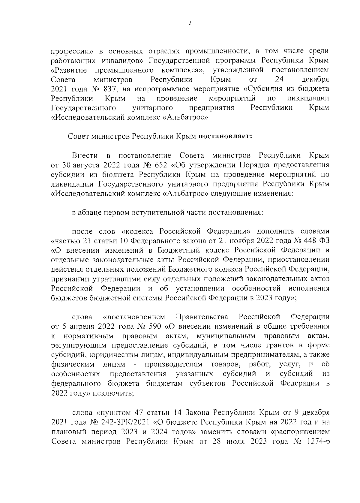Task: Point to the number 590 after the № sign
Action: coord(155,326)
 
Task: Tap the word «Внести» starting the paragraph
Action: coord(85,155)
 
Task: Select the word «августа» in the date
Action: coord(85,165)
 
